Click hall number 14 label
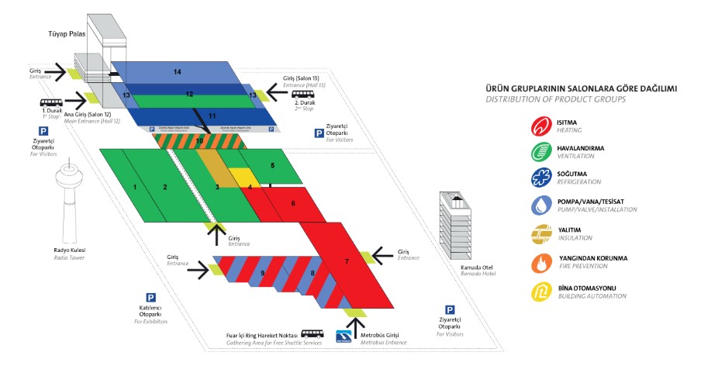tap(178, 72)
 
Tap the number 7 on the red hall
tap(347, 262)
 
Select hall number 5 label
tap(272, 166)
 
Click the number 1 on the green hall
tap(135, 188)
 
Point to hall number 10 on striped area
tap(199, 141)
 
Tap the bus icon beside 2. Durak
tap(300, 97)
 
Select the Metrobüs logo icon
tap(344, 336)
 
